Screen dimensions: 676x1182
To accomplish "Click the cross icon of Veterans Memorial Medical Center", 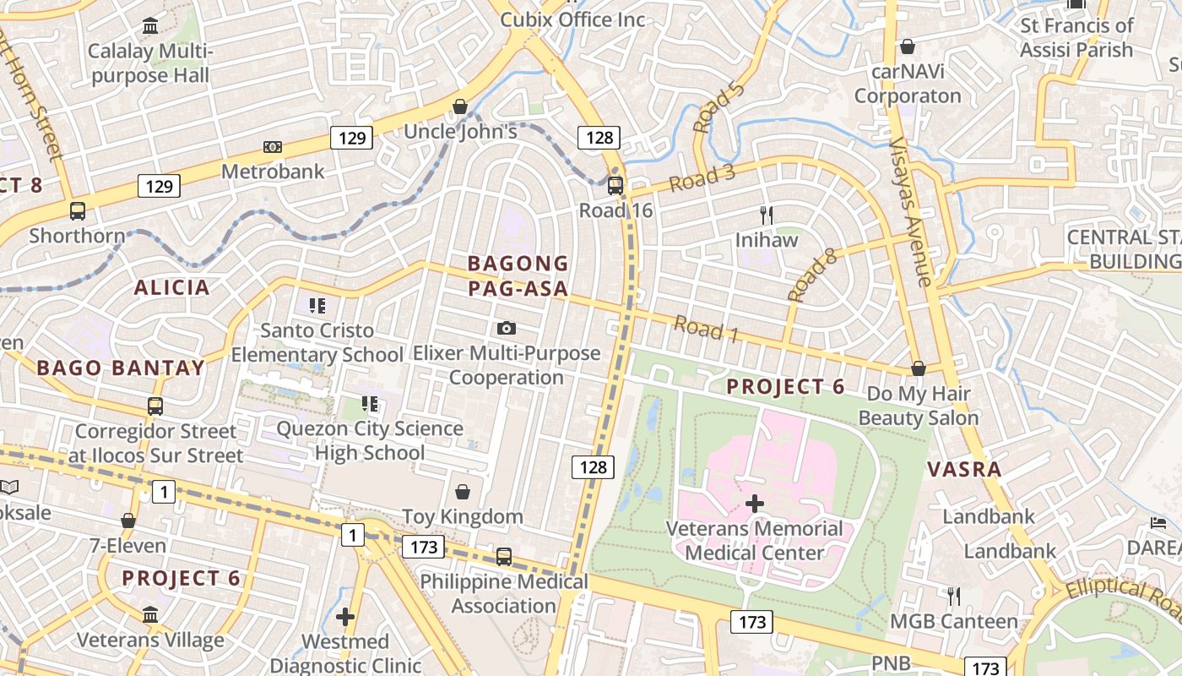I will point(754,504).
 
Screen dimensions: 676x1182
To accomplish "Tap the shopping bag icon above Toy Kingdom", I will point(463,492).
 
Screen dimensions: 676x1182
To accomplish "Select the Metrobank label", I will point(273,172).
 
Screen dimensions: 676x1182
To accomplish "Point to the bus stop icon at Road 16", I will point(615,186).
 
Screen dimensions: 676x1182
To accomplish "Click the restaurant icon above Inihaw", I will point(767,215).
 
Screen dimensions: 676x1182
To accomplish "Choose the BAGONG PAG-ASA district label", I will point(518,276).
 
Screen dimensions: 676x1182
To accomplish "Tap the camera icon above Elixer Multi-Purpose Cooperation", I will point(507,328).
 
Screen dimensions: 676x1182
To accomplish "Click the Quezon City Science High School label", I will point(370,440).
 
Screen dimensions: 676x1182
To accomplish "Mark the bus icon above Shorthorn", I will point(78,211).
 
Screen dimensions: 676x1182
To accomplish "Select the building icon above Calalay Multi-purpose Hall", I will point(150,26).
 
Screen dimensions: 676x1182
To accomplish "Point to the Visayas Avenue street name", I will point(912,211).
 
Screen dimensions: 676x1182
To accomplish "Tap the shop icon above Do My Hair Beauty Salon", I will point(919,369).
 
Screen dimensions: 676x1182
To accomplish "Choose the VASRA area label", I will point(964,469).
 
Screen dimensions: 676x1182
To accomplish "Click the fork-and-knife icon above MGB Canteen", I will point(953,597).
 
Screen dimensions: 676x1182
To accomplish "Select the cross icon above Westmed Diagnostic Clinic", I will point(344,617).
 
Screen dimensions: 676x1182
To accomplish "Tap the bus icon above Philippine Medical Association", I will point(504,556).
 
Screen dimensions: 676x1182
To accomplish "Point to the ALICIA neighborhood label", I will point(171,287).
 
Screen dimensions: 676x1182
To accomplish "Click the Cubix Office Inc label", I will point(572,19).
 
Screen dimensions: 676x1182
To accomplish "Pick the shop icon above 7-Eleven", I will point(128,521).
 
